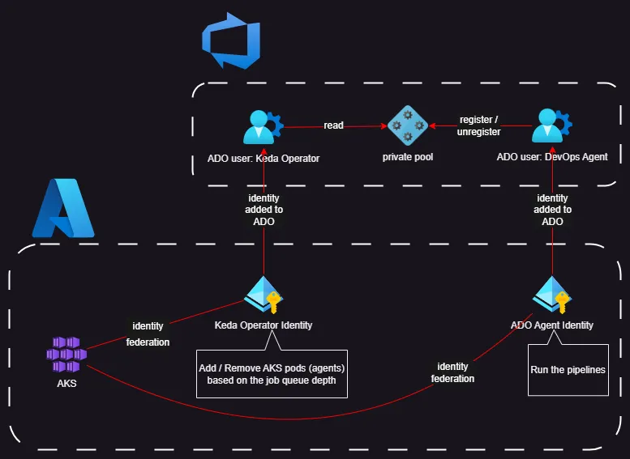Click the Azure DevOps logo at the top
click(230, 40)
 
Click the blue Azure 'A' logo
click(63, 208)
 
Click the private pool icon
click(407, 125)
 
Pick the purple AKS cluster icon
click(66, 355)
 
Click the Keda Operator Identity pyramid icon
click(264, 295)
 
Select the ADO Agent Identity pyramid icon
click(552, 295)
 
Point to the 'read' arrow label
click(333, 125)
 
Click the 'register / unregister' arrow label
click(480, 125)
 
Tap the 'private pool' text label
click(407, 156)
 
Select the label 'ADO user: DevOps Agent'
click(551, 156)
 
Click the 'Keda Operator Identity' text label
click(264, 325)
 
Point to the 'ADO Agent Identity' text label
click(552, 325)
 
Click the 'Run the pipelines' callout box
click(568, 370)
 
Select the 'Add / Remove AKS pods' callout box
click(272, 374)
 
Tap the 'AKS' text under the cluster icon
click(66, 383)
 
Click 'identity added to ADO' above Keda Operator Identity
click(264, 210)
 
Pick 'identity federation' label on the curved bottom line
click(452, 372)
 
